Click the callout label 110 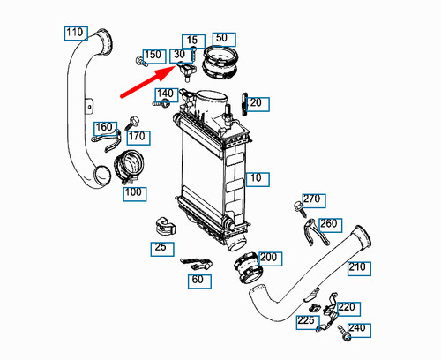coord(75,34)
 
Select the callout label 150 coord(153,56)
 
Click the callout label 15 coord(191,40)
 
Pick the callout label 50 coord(221,38)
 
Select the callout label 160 coord(104,126)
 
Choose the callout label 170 coord(136,137)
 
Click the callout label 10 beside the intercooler coord(255,179)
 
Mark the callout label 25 coord(160,247)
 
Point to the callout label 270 coord(312,199)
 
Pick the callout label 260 coord(328,223)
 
